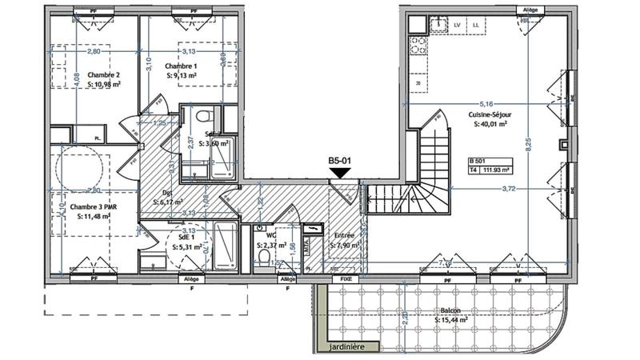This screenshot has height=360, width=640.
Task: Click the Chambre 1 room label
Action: [181, 66]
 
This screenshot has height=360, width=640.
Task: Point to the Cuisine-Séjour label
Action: [490, 115]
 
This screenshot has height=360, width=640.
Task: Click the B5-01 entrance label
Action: [341, 160]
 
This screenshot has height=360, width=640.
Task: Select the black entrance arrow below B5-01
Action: [341, 172]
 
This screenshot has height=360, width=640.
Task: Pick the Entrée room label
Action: [345, 235]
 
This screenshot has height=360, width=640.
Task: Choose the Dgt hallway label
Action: [168, 193]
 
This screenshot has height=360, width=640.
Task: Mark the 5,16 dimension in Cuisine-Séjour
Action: [486, 104]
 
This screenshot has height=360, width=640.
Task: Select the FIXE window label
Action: [346, 279]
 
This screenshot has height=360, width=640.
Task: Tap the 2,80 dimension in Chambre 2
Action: [94, 51]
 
